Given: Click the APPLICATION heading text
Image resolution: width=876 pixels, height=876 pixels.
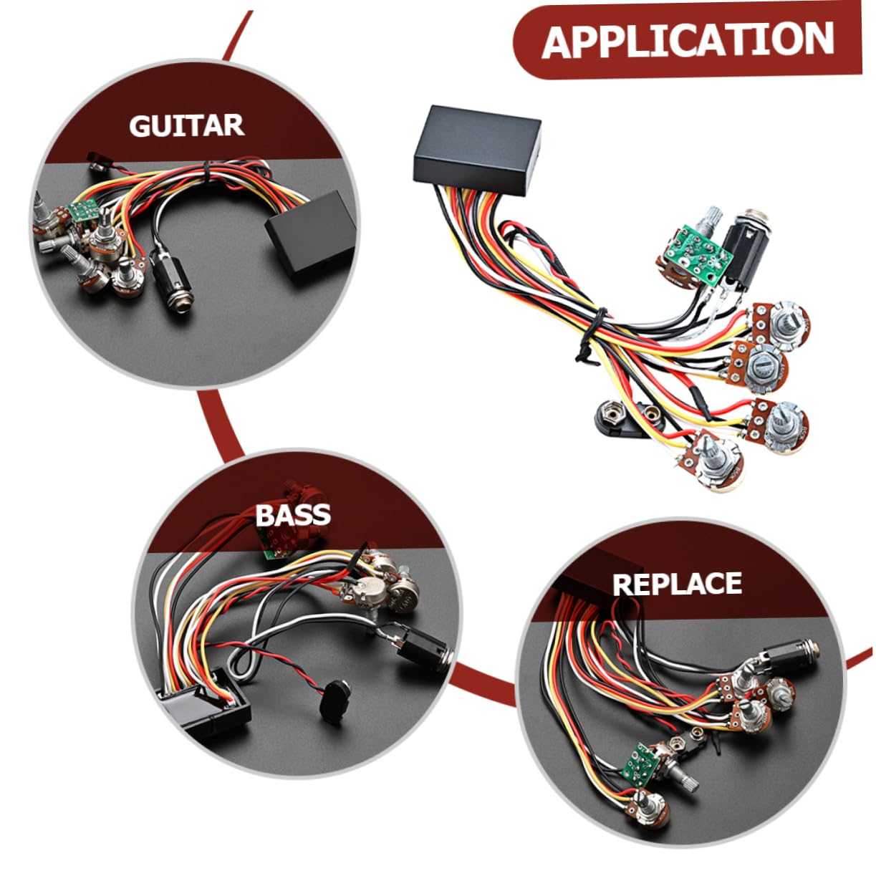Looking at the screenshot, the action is (x=688, y=41).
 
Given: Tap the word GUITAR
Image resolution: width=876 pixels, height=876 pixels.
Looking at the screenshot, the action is (x=187, y=125).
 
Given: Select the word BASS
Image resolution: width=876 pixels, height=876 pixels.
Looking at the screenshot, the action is (x=293, y=514).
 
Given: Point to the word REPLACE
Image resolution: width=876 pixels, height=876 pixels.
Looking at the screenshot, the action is (x=678, y=584).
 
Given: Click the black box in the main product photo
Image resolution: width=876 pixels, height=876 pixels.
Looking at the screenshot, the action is (x=477, y=149).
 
